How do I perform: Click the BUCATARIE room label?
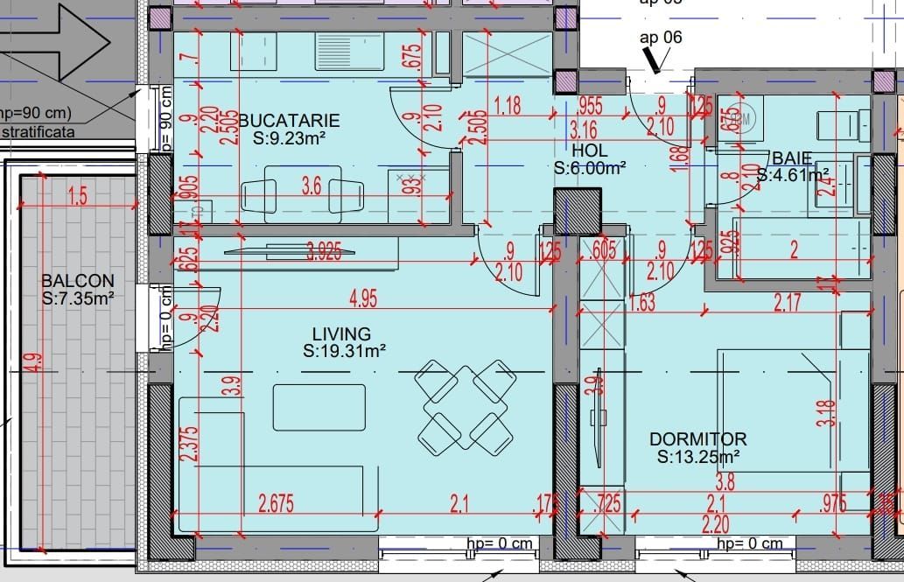tap(288, 120)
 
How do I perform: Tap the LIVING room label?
tap(341, 333)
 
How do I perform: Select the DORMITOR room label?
tap(697, 438)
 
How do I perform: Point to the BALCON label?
tap(78, 281)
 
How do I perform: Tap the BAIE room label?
tap(792, 158)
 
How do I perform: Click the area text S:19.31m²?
tap(345, 351)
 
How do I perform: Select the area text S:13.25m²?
tap(698, 456)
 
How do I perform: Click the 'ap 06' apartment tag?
tap(661, 37)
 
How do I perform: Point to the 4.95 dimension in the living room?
tap(362, 299)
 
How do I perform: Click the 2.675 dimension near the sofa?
tap(276, 503)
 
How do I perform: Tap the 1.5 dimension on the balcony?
tap(77, 197)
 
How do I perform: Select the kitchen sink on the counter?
tap(347, 51)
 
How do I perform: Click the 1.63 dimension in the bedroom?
tap(642, 303)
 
